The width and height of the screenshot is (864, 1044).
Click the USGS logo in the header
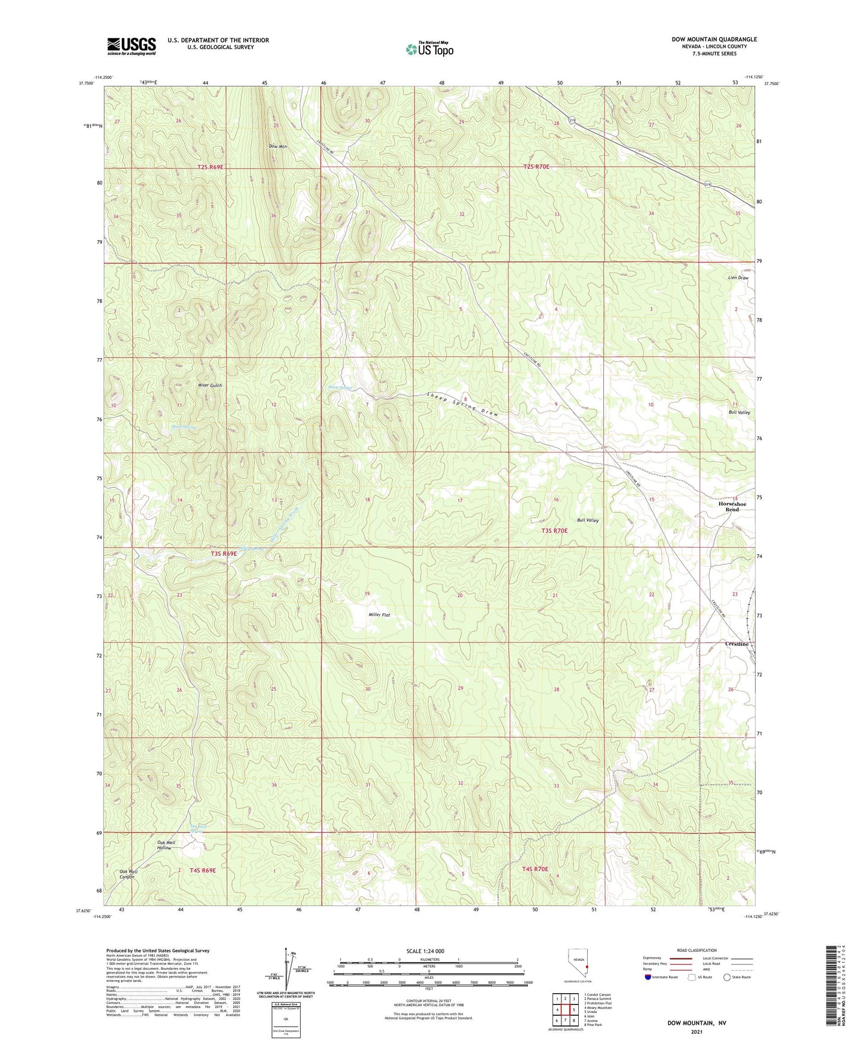tap(131, 46)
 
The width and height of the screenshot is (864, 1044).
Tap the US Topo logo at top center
tap(429, 48)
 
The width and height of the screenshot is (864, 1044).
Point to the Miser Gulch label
tap(210, 386)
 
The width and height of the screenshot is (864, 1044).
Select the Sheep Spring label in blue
tap(340, 387)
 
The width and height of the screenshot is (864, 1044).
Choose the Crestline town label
tap(737, 644)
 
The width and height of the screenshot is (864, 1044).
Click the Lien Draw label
tap(738, 278)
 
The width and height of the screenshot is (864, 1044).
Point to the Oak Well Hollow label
tap(166, 845)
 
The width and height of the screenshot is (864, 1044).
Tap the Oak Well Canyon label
tap(129, 874)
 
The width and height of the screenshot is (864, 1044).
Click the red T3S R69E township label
tap(224, 554)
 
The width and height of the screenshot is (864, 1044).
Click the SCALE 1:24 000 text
tap(425, 951)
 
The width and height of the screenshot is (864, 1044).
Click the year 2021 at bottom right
tap(696, 1032)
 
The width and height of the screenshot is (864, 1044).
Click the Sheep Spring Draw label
tap(463, 404)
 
